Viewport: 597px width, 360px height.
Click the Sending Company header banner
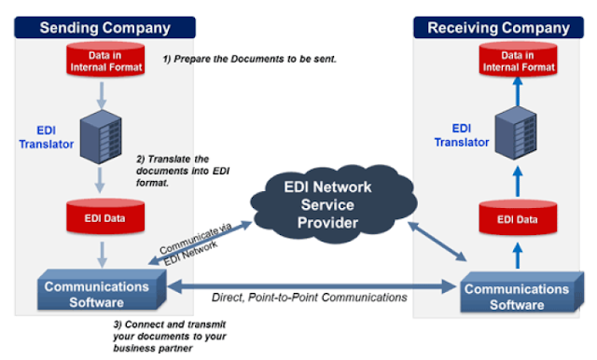[x=102, y=27]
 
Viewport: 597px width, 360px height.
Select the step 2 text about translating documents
[x=183, y=172]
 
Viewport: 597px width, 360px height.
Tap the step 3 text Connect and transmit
[x=168, y=337]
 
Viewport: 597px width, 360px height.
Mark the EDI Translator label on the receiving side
[x=461, y=134]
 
